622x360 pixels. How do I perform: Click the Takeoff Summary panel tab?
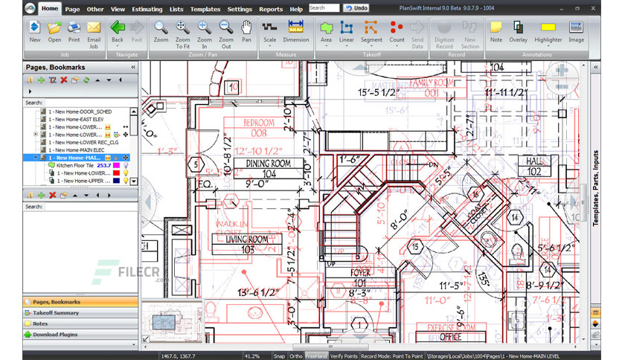tap(56, 312)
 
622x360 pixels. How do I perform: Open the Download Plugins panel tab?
tap(55, 335)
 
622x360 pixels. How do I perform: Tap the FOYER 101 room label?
tap(360, 277)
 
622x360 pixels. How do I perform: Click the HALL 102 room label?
tap(534, 165)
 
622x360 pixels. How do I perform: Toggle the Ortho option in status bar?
tap(295, 356)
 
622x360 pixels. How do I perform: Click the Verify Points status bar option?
tap(343, 356)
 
